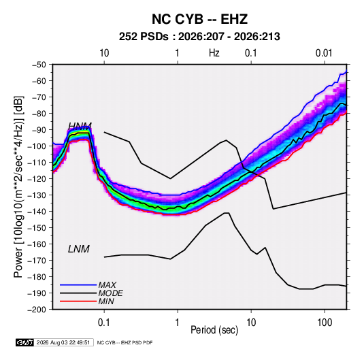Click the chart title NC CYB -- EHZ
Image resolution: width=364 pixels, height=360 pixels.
(x=199, y=19)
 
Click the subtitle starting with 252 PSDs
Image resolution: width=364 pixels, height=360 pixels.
(x=199, y=37)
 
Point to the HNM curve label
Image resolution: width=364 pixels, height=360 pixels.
(x=80, y=126)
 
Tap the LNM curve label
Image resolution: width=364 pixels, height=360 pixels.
(x=79, y=249)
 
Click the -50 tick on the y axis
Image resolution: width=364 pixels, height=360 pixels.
(x=39, y=65)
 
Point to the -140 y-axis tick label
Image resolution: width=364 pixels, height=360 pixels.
(x=37, y=212)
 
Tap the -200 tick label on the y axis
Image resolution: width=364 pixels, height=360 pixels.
(x=37, y=310)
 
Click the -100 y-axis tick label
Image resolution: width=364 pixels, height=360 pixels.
(x=37, y=146)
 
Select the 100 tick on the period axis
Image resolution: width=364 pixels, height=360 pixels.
(x=325, y=323)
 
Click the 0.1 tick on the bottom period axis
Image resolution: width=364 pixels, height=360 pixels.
(x=104, y=323)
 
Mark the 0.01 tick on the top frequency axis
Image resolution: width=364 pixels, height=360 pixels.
(x=324, y=53)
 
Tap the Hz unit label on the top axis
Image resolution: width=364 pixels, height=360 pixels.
(x=214, y=53)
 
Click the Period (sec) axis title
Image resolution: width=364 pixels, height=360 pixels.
(x=214, y=330)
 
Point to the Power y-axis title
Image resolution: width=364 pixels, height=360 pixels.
(x=18, y=186)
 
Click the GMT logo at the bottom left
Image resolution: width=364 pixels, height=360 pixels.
(x=24, y=342)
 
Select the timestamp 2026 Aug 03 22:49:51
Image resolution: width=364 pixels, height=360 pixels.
(x=63, y=342)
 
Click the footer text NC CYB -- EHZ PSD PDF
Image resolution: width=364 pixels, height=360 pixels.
(x=125, y=342)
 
